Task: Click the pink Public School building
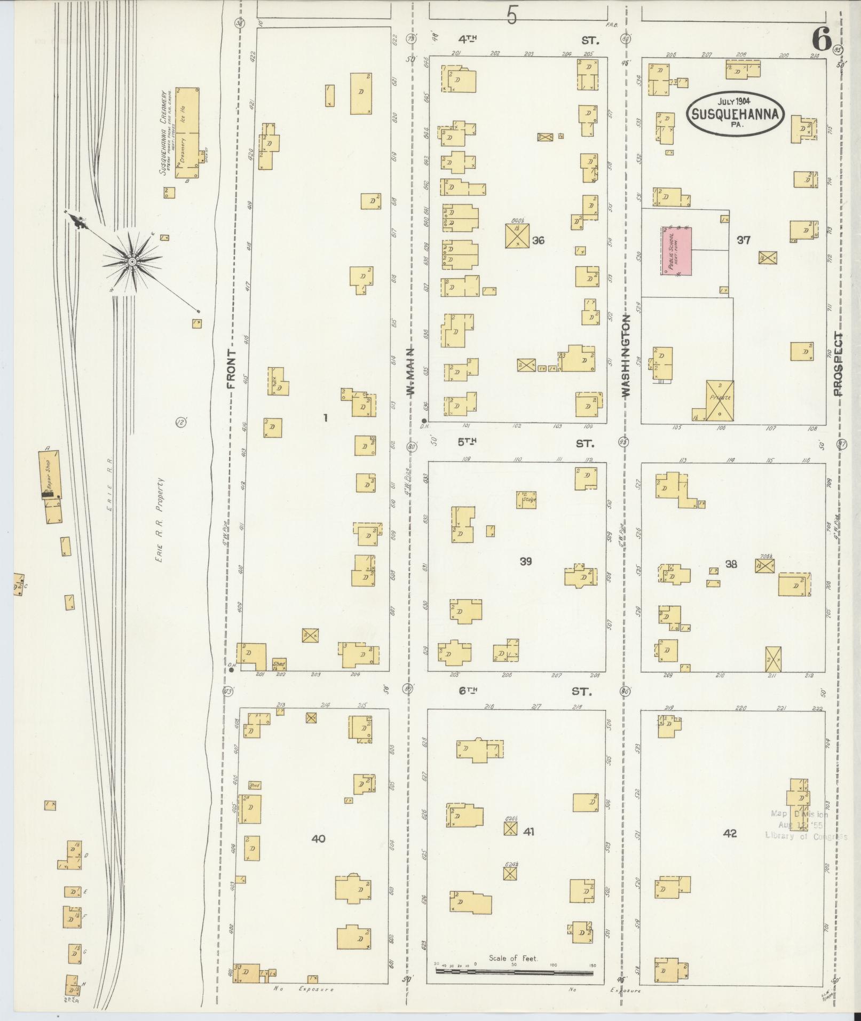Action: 676,251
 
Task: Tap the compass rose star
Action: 132,261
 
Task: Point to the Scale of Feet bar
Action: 514,971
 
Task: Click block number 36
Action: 538,240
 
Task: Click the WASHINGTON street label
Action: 626,355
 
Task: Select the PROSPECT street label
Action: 839,363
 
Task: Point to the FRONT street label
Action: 231,369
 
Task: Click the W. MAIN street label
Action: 410,371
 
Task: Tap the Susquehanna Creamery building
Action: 188,133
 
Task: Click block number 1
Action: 325,418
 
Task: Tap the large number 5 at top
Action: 512,17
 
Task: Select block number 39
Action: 526,561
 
